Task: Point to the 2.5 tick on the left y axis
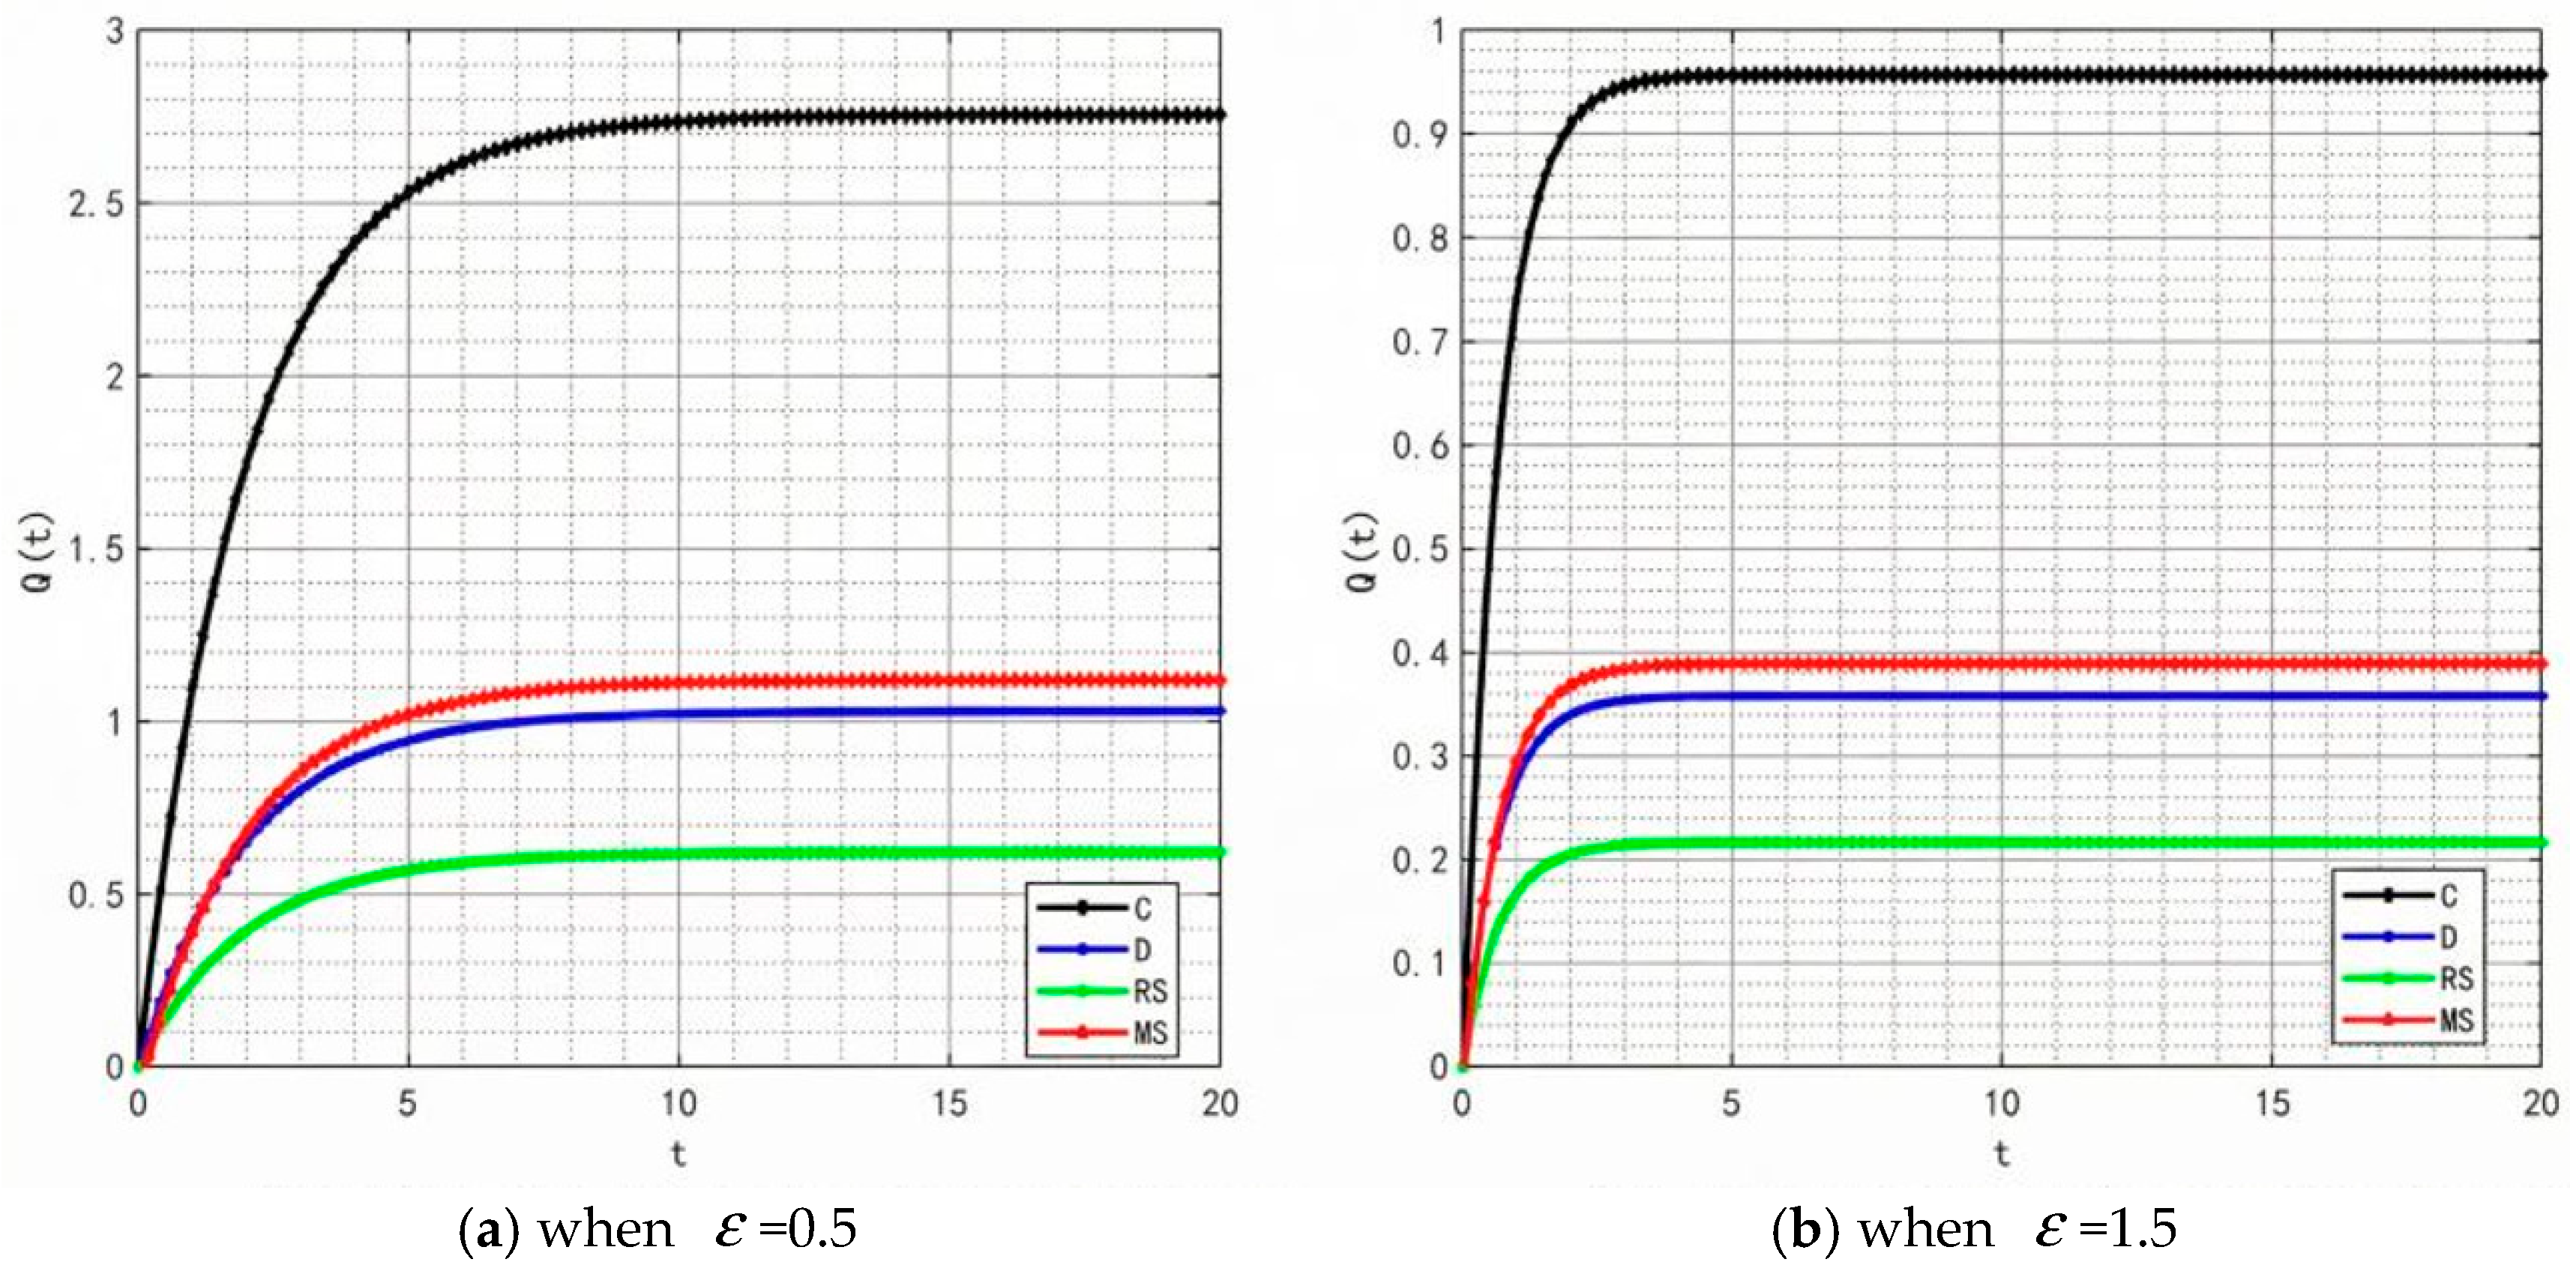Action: coord(97,205)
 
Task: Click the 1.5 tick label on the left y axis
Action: coord(97,549)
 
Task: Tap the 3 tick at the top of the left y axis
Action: coord(115,32)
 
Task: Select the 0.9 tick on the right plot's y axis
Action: coord(1418,135)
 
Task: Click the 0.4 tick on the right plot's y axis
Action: coord(1418,653)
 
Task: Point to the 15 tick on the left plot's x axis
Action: coord(949,1103)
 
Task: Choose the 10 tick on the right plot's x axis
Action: coord(2001,1103)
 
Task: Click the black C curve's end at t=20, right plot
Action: coord(2540,75)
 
